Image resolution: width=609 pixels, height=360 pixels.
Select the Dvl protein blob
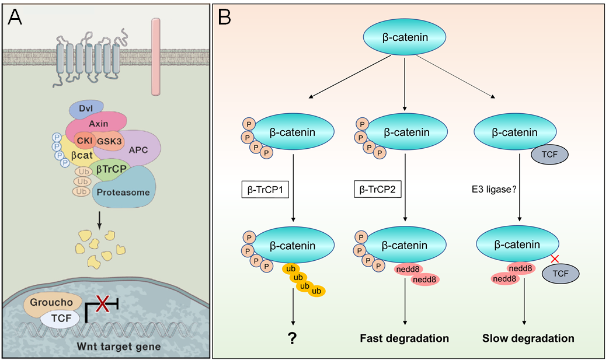(x=85, y=108)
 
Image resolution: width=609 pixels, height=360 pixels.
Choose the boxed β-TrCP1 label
(x=266, y=190)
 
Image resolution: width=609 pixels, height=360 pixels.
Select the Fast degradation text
(x=404, y=338)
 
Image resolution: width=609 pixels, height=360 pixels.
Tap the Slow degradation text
(x=528, y=338)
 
